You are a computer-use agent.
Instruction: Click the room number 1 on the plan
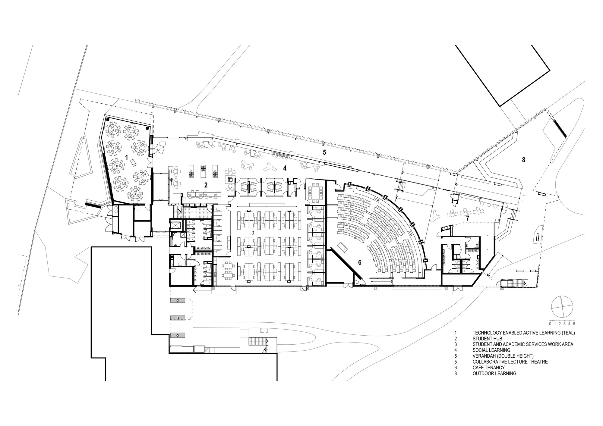(x=127, y=157)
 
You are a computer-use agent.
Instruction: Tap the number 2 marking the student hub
(x=206, y=185)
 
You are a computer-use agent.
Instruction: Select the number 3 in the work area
(x=253, y=233)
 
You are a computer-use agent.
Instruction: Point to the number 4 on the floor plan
(x=285, y=168)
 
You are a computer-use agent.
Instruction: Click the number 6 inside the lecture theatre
(x=360, y=262)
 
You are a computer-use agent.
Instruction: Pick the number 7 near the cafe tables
(x=468, y=218)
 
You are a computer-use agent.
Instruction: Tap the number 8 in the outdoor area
(x=524, y=160)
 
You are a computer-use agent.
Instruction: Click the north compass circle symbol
(x=561, y=307)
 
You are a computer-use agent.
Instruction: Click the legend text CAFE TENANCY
(x=488, y=368)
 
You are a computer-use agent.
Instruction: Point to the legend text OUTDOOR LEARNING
(x=494, y=373)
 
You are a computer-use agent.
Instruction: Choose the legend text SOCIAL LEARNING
(x=491, y=350)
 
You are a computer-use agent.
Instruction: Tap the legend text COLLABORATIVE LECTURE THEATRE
(x=510, y=362)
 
